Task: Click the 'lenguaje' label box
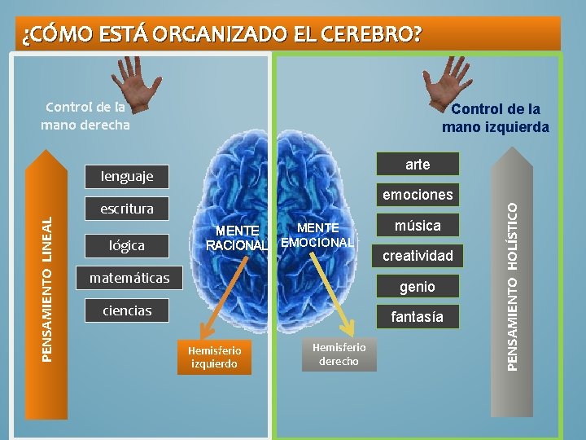pyautogui.click(x=127, y=176)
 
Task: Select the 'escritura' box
pyautogui.click(x=127, y=209)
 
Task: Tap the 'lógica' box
pyautogui.click(x=127, y=244)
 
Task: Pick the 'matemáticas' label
pyautogui.click(x=129, y=278)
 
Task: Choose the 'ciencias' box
pyautogui.click(x=127, y=310)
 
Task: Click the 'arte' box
pyautogui.click(x=418, y=164)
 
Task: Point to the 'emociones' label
pyautogui.click(x=418, y=195)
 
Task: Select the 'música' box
pyautogui.click(x=418, y=225)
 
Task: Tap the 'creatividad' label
pyautogui.click(x=418, y=256)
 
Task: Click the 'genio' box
pyautogui.click(x=418, y=286)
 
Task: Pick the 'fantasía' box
pyautogui.click(x=418, y=316)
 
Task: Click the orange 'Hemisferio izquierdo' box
pyautogui.click(x=215, y=357)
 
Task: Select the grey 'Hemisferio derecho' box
pyautogui.click(x=339, y=354)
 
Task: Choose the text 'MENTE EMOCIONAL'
pyautogui.click(x=317, y=235)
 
